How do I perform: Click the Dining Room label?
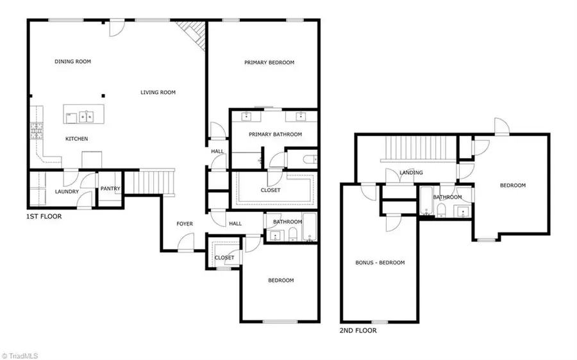click(72, 62)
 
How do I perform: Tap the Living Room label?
click(158, 93)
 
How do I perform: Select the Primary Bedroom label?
click(269, 63)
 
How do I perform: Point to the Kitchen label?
click(76, 139)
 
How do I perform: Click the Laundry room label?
click(67, 192)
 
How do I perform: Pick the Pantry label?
click(110, 189)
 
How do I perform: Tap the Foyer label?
click(185, 224)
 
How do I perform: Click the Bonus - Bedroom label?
click(380, 263)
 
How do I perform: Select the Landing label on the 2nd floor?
click(411, 173)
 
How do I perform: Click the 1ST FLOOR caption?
click(44, 217)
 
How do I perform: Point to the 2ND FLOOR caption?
click(358, 331)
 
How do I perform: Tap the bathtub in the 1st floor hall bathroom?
click(309, 228)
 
